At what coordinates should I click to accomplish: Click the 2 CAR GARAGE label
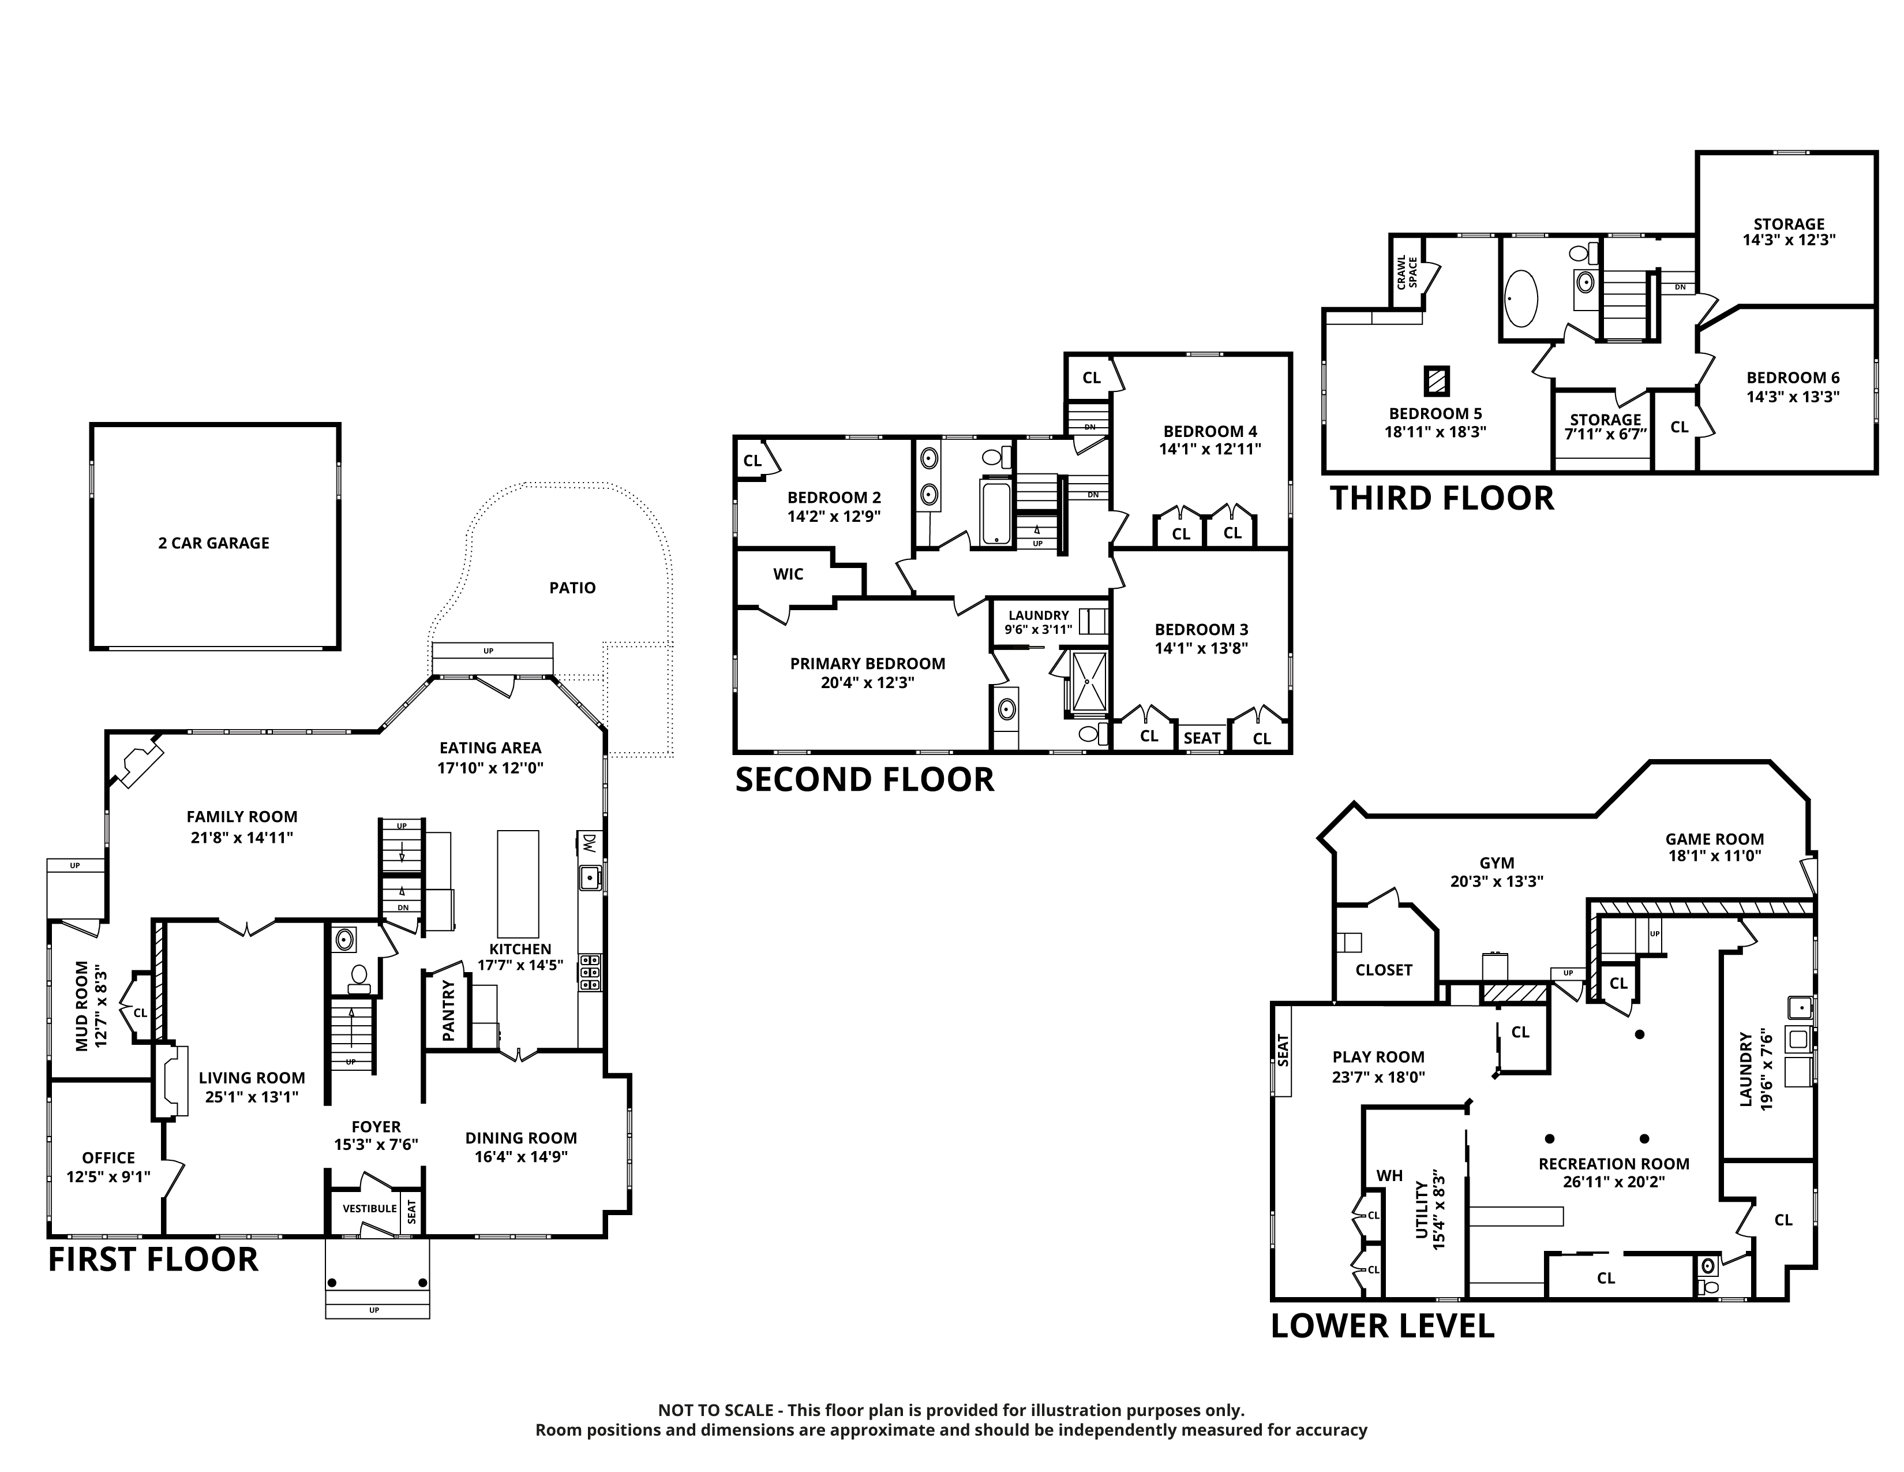click(213, 543)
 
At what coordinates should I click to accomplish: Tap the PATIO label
click(573, 588)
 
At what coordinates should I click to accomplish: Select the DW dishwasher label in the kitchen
click(589, 843)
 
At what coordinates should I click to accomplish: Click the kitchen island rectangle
click(518, 883)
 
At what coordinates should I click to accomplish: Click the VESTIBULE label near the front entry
click(370, 1209)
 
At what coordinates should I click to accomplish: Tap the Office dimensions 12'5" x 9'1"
click(108, 1176)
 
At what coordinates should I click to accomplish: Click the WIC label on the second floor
click(788, 574)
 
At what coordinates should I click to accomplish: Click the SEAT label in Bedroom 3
click(1202, 738)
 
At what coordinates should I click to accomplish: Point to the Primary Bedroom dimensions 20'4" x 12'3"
click(867, 683)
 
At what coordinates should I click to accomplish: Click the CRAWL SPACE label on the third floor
click(1407, 272)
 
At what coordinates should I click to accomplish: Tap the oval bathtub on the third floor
click(1521, 298)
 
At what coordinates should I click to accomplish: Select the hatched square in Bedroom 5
click(1437, 380)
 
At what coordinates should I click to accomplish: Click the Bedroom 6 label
click(1793, 378)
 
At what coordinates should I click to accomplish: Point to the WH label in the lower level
click(1390, 1175)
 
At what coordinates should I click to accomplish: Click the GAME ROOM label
click(1715, 839)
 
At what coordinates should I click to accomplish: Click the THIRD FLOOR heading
click(1442, 499)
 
